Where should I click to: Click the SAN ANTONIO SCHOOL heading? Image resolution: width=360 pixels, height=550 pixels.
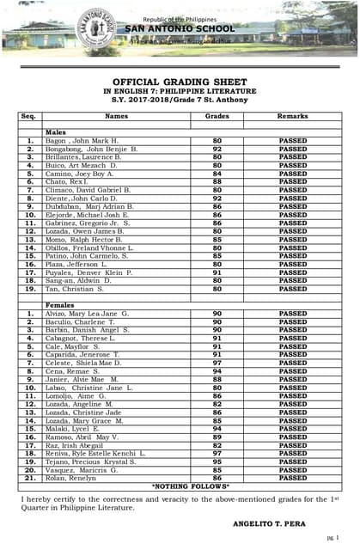pos(179,28)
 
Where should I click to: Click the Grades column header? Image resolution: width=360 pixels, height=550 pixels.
pos(217,115)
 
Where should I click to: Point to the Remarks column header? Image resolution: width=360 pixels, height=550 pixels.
pos(292,115)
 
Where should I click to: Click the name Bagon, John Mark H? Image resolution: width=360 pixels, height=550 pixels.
pos(82,140)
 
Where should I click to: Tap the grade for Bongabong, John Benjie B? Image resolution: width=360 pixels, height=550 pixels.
pos(217,149)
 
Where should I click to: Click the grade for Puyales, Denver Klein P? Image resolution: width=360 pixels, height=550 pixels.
pos(217,272)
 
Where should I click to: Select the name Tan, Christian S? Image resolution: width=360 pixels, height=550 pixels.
pos(75,289)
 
